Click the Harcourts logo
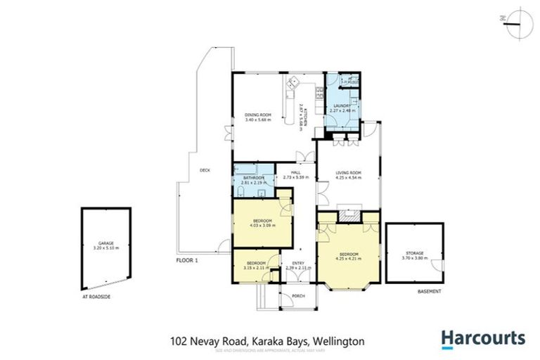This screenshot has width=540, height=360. (x=483, y=338)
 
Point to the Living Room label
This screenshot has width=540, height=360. (x=348, y=175)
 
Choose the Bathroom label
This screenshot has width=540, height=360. (x=253, y=180)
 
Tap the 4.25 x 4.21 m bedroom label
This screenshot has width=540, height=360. (x=349, y=256)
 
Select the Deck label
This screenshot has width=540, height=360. (x=205, y=170)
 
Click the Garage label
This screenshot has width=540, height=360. (x=106, y=246)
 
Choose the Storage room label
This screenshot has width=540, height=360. (x=414, y=255)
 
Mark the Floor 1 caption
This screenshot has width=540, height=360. (x=188, y=260)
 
